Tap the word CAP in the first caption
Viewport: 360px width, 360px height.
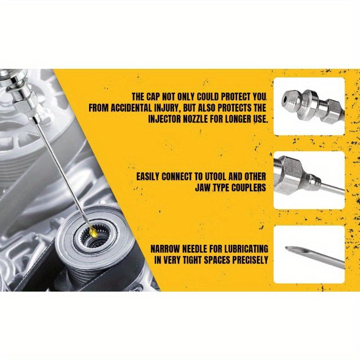[158, 97]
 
